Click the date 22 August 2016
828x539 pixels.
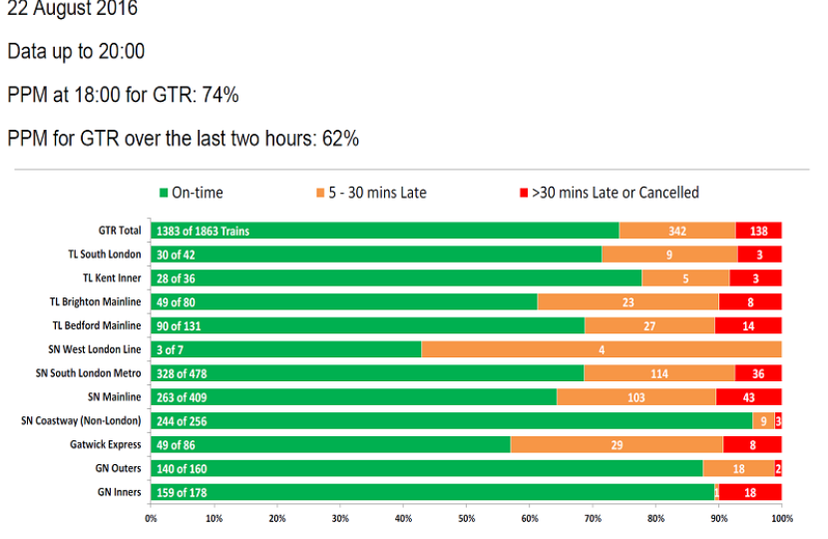(72, 10)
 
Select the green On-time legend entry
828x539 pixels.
(191, 193)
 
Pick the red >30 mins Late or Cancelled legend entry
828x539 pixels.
(608, 193)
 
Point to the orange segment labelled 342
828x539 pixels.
(677, 231)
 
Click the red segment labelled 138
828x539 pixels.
(758, 231)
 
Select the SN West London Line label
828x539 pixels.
(94, 349)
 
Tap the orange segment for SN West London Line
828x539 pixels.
(602, 349)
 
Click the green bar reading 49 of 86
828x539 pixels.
(329, 444)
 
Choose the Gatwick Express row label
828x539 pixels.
(107, 444)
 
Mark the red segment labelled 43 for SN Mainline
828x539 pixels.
(749, 396)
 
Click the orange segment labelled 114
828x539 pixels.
(659, 373)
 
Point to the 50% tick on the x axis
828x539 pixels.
(466, 518)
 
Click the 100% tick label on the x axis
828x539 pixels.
(781, 518)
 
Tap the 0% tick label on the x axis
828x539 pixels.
(151, 518)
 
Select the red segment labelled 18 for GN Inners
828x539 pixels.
(750, 492)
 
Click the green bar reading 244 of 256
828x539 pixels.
(449, 420)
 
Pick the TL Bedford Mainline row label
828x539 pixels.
(96, 325)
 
